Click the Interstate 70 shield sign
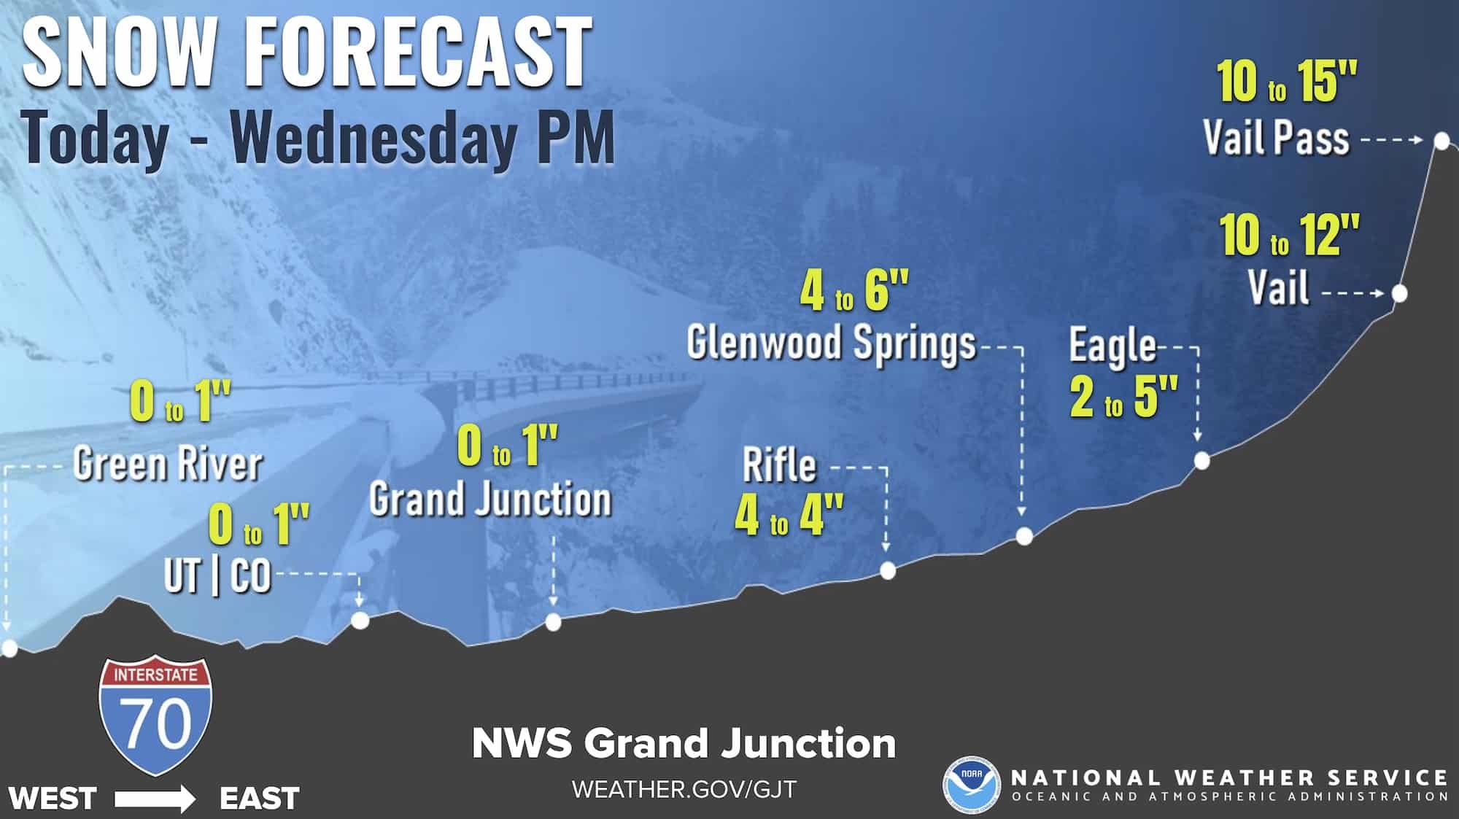pos(155,716)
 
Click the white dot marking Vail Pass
pos(1441,141)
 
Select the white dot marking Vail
pos(1399,294)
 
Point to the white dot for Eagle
pos(1201,461)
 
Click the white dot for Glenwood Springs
pos(1024,537)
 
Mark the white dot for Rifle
pos(887,570)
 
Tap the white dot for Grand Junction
pos(553,622)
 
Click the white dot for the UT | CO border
pos(360,621)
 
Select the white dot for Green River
pos(9,648)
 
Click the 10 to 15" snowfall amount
pos(1287,82)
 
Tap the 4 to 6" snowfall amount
pos(854,292)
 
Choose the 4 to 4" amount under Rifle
pos(789,515)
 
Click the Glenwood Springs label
pos(831,343)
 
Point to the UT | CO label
pos(217,576)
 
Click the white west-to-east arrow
pos(155,799)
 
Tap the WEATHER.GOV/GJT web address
pos(684,789)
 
